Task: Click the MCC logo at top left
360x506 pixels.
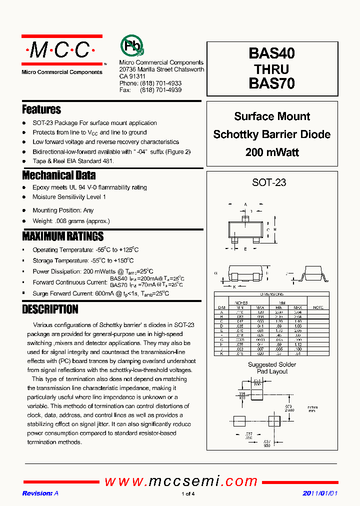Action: [x=61, y=50]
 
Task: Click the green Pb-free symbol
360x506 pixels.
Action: [x=131, y=46]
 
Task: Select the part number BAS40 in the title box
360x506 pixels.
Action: [x=271, y=53]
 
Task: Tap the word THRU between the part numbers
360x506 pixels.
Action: [x=271, y=68]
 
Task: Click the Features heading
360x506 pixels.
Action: [x=41, y=109]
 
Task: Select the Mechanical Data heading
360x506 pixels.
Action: [x=58, y=175]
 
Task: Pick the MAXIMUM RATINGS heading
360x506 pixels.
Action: [x=63, y=236]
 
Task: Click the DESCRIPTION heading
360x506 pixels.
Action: [x=50, y=309]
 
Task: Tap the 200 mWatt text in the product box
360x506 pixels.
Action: [x=272, y=152]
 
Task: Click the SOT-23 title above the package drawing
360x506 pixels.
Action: [x=269, y=182]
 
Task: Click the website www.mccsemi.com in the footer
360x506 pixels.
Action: [x=181, y=481]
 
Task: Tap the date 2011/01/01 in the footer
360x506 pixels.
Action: [x=320, y=493]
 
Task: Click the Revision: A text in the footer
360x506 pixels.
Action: [x=40, y=493]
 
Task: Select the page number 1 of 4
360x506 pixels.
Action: [x=187, y=494]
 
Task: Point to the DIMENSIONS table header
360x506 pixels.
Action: [x=272, y=294]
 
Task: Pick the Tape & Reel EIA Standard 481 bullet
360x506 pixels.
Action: [x=73, y=161]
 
